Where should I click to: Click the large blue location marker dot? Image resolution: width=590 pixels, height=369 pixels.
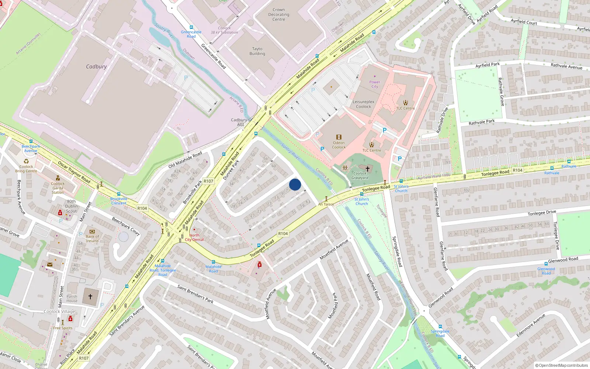(295, 184)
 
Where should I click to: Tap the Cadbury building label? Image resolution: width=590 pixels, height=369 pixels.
(96, 67)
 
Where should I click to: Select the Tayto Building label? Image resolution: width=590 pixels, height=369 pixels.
(257, 51)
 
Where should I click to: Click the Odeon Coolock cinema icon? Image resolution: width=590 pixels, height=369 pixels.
(339, 137)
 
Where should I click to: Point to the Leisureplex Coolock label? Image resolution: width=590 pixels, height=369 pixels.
(363, 104)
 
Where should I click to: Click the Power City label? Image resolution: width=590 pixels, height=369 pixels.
(375, 84)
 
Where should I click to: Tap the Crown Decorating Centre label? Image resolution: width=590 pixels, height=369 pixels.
(279, 15)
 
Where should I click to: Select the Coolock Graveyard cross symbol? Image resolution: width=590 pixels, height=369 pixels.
(367, 169)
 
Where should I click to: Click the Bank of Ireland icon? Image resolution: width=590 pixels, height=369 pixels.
(92, 232)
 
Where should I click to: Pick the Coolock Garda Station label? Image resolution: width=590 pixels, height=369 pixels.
(58, 188)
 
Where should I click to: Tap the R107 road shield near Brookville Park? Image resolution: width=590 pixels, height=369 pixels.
(208, 181)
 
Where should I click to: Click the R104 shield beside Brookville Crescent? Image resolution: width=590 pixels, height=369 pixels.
(142, 208)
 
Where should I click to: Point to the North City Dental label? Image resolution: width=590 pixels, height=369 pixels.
(194, 237)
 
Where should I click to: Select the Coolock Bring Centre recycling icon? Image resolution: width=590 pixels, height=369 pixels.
(26, 161)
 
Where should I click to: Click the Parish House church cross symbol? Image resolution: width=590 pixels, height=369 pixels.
(90, 296)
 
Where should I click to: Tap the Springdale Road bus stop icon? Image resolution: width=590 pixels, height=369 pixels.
(440, 327)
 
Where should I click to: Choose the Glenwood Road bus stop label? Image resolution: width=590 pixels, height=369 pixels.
(546, 271)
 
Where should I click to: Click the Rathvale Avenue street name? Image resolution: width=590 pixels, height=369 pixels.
(566, 66)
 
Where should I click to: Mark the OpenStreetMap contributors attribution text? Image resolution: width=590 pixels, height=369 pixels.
(562, 365)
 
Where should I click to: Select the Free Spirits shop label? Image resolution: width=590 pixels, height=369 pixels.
(63, 328)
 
